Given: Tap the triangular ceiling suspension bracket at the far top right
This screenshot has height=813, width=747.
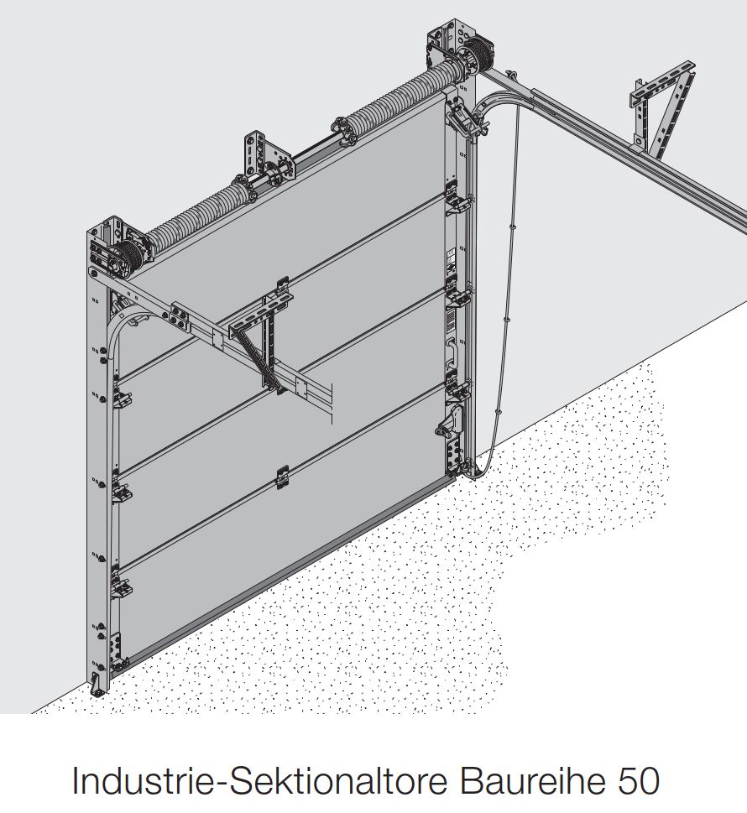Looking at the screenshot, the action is (662, 109).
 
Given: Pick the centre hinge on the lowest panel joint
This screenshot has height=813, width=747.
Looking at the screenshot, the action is (282, 477).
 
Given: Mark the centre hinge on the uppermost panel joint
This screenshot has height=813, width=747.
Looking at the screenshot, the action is (283, 287).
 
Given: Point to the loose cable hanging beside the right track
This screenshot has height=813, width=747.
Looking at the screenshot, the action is (507, 280).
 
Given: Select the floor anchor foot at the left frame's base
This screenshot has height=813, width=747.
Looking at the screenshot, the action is (96, 685).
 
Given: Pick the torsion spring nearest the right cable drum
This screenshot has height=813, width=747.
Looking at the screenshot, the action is (400, 97).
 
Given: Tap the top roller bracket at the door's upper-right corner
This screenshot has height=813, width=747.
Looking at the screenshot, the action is (462, 120).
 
